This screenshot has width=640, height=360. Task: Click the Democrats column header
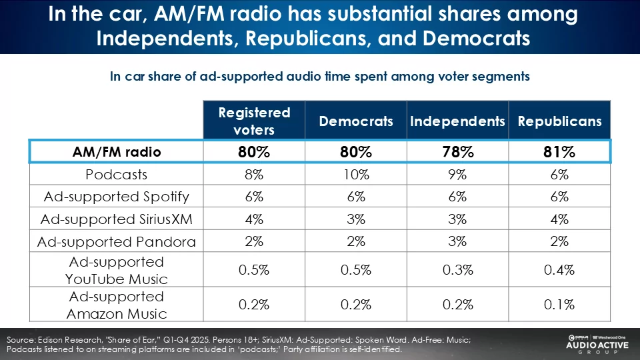point(356,121)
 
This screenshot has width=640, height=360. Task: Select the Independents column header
point(457,121)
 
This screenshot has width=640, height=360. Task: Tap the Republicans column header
point(559,121)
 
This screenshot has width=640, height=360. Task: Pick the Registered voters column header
point(254,121)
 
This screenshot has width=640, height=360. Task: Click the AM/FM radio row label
point(117,152)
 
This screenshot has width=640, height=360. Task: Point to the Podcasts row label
point(117,175)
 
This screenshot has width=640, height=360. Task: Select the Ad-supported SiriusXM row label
point(117,219)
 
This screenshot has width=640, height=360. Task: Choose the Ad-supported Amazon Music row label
point(117,305)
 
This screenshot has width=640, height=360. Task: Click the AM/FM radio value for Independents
point(457,152)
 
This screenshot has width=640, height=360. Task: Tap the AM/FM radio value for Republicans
point(559,152)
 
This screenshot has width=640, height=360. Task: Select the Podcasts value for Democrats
point(356,175)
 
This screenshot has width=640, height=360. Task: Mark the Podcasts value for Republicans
point(559,175)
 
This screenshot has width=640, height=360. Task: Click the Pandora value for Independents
point(457,241)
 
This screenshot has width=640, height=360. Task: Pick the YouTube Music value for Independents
point(457,270)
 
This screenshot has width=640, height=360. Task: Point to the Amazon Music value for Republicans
point(559,305)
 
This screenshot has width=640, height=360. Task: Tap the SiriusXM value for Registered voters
point(254,219)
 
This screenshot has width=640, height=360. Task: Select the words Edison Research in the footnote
point(67,340)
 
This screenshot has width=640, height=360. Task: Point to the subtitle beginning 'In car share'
point(320,76)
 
